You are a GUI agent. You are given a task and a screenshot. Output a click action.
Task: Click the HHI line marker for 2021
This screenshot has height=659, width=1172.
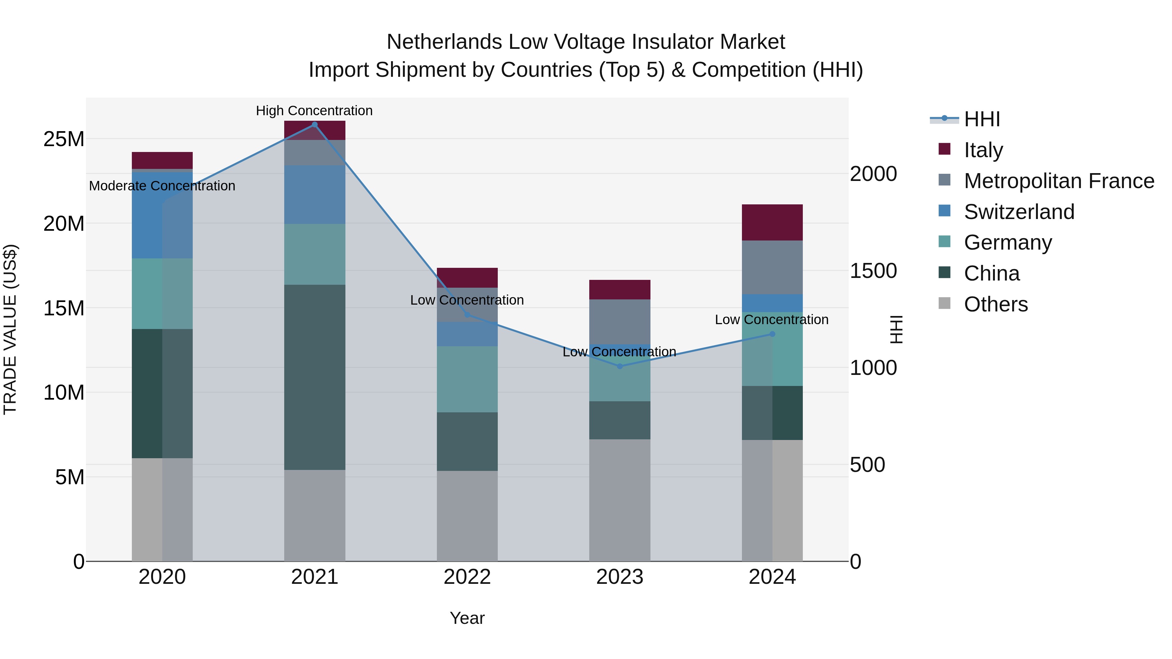(x=314, y=125)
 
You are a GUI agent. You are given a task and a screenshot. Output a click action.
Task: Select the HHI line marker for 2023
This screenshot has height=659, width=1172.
(x=620, y=366)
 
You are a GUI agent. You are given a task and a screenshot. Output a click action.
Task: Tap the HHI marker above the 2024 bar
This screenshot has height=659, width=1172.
(x=772, y=334)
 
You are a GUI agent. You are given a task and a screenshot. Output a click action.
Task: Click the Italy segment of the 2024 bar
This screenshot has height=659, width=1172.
(x=772, y=222)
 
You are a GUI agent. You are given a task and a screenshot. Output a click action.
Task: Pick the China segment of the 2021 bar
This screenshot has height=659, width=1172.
(x=314, y=377)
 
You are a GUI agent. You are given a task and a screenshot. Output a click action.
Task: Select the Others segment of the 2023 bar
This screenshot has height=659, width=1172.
(x=620, y=500)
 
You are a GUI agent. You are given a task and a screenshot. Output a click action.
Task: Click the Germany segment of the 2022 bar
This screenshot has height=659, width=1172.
(x=467, y=379)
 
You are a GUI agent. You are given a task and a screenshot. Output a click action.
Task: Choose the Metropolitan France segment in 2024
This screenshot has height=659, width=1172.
(x=772, y=268)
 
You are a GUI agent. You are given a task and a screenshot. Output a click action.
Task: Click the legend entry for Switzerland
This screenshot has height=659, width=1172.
(x=1019, y=212)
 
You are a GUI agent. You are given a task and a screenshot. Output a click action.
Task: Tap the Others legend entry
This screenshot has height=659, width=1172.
(x=996, y=304)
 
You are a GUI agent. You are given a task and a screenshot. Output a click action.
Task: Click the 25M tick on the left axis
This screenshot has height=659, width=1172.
(x=64, y=139)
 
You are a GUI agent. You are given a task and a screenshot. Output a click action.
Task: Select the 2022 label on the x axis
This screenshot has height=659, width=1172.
(x=467, y=577)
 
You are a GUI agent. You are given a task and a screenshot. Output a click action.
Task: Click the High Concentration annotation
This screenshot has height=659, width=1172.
(x=314, y=111)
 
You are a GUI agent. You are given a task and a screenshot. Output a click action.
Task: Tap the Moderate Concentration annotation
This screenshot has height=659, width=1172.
(x=162, y=186)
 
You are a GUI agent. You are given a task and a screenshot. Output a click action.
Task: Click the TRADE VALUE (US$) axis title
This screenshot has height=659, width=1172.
(x=10, y=329)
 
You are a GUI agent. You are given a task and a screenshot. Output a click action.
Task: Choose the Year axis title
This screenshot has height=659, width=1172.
(x=467, y=618)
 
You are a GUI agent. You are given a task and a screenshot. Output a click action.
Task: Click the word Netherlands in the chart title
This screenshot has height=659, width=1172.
(x=444, y=42)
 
